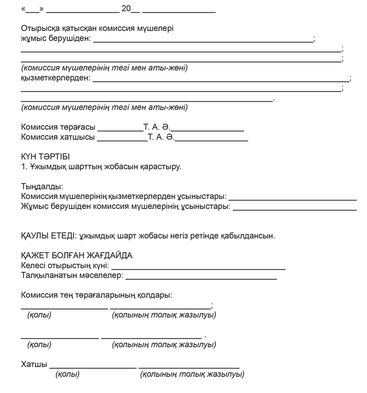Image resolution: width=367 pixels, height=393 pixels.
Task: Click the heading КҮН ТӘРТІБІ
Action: tap(46, 157)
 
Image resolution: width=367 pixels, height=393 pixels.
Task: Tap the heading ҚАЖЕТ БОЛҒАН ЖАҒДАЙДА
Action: tap(77, 255)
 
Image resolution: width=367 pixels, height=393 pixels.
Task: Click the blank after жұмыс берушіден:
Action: tap(203, 41)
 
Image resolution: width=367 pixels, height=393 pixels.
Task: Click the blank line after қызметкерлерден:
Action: tap(220, 80)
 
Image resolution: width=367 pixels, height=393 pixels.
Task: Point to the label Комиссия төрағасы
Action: tap(58, 127)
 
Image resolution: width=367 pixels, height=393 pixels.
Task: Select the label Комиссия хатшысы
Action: tap(58, 138)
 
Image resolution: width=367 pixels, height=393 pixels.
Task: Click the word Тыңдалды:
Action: tap(42, 186)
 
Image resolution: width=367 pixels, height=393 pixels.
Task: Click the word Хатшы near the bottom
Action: tap(34, 365)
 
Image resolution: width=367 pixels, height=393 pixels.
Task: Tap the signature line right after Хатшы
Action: tap(92, 367)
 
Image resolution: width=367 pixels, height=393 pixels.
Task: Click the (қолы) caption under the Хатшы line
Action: tap(68, 375)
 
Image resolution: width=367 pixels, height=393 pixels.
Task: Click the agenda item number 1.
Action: tap(23, 167)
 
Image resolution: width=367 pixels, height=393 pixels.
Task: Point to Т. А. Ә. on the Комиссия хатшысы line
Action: tap(161, 138)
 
